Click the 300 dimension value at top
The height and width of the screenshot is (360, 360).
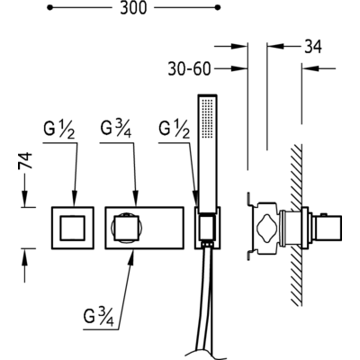(133, 8)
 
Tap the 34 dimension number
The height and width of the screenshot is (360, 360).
(313, 47)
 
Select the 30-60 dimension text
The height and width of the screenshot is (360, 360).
(189, 69)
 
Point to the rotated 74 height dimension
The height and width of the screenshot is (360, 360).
(25, 162)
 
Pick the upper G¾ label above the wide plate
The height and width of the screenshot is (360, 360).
(115, 130)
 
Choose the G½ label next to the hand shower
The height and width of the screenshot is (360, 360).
(175, 130)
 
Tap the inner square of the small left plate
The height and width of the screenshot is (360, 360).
(73, 228)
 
